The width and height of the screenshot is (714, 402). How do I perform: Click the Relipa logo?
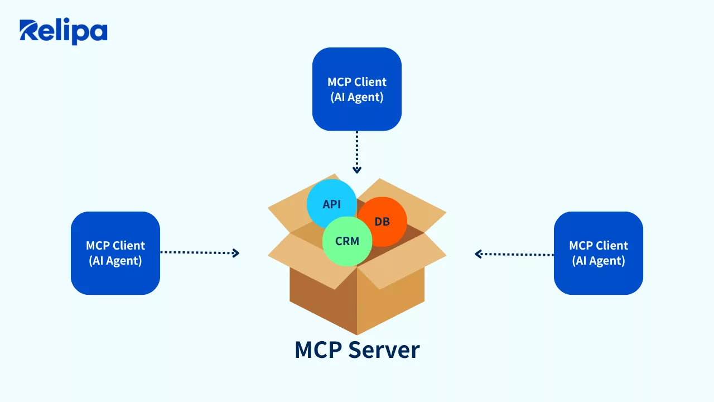tap(63, 32)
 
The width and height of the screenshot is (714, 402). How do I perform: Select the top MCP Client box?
tap(357, 89)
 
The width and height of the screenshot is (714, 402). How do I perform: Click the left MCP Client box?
tap(115, 253)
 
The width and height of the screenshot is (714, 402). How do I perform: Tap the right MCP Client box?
tap(598, 253)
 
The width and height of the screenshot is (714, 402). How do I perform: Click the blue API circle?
tap(331, 203)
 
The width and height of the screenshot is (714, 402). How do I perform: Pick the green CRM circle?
tap(347, 241)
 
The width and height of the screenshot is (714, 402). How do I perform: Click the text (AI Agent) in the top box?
tap(357, 97)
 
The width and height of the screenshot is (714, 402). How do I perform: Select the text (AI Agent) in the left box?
tap(115, 261)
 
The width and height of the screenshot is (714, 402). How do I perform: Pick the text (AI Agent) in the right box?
tap(599, 261)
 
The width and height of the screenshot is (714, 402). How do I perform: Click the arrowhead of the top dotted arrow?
tap(357, 170)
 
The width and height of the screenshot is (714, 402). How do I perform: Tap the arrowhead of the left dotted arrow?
tap(236, 253)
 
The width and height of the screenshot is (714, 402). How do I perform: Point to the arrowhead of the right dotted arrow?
tap(478, 254)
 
